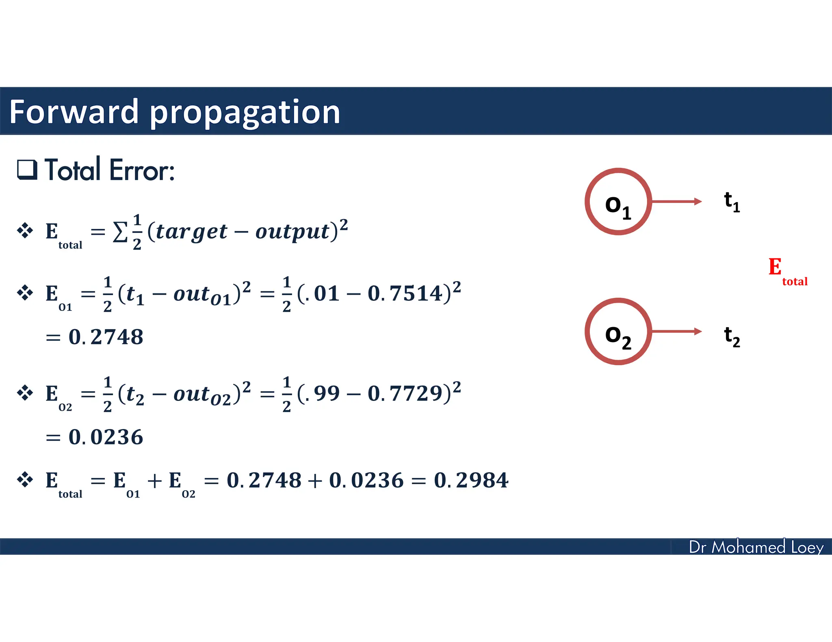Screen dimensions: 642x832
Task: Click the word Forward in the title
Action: [x=74, y=112]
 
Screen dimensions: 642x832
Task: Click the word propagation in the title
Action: [x=245, y=113]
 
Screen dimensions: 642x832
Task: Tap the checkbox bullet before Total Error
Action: [x=27, y=170]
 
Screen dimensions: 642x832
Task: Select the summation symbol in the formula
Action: [x=120, y=233]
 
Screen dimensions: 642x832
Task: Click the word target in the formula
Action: [x=191, y=232]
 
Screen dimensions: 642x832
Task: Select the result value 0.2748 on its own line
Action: [x=106, y=337]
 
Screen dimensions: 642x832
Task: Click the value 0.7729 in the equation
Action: [x=405, y=393]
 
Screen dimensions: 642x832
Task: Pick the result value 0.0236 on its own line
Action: [x=106, y=437]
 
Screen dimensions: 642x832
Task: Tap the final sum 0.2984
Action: [x=471, y=480]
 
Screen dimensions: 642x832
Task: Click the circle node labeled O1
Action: [x=618, y=202]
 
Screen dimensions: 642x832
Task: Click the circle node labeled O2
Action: [x=618, y=332]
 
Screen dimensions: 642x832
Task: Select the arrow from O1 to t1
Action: [x=676, y=201]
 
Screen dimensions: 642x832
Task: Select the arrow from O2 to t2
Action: [x=676, y=332]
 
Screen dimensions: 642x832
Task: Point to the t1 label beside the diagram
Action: [x=732, y=202]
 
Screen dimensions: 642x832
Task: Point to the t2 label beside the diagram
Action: [x=732, y=337]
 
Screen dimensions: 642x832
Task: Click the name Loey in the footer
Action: [x=807, y=547]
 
